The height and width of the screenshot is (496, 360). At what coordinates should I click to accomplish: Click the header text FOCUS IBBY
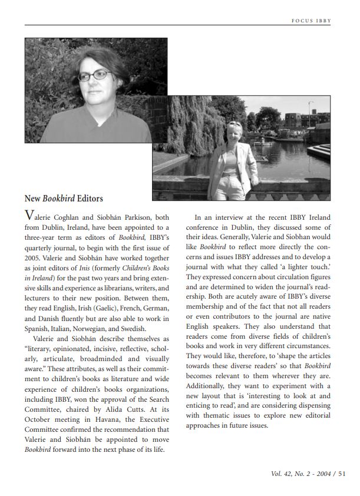pos(311,21)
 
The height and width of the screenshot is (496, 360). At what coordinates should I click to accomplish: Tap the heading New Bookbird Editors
pos(64,199)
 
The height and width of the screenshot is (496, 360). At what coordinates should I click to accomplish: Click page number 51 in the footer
pos(342,473)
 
